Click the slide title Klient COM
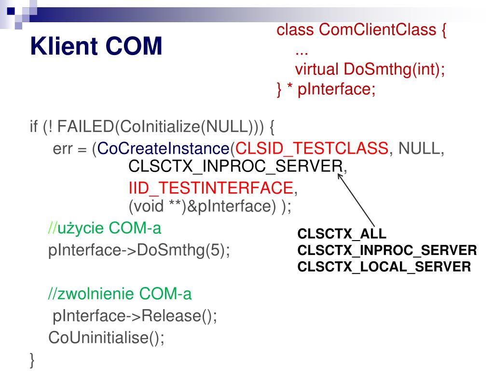click(x=96, y=47)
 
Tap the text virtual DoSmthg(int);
click(x=370, y=69)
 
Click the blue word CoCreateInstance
click(x=163, y=148)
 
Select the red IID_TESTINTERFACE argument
click(x=210, y=187)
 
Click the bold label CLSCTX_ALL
click(x=342, y=234)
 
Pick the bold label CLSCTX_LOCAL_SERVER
click(x=384, y=266)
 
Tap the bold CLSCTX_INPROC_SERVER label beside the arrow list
click(x=387, y=250)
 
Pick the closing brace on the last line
click(x=32, y=359)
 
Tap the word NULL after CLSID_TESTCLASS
click(x=418, y=148)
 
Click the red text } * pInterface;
click(x=326, y=89)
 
